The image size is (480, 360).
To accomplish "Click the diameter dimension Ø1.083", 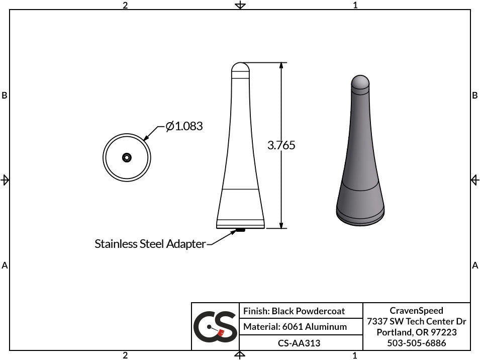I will (184, 126).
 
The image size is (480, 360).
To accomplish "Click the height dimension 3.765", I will (281, 145).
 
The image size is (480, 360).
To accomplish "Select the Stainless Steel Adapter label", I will (150, 244).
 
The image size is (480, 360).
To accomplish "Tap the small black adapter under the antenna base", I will (240, 231).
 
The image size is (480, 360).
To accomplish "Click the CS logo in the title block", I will (215, 327).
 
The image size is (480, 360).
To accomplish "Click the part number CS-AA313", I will (299, 343).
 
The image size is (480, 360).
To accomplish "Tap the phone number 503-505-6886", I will (416, 343).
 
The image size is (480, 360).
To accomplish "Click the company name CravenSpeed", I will (416, 311).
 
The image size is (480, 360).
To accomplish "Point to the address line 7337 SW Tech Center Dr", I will (416, 321).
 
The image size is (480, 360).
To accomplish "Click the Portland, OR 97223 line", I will (416, 332).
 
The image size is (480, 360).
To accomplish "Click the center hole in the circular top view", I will (127, 157).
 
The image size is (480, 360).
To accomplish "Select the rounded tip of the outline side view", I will (240, 67).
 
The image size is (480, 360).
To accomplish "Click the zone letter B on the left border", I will (5, 96).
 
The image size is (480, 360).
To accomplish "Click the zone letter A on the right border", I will (475, 265).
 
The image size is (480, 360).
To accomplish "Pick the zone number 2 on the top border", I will (125, 5).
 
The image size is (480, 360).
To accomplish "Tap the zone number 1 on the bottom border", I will (355, 355).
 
